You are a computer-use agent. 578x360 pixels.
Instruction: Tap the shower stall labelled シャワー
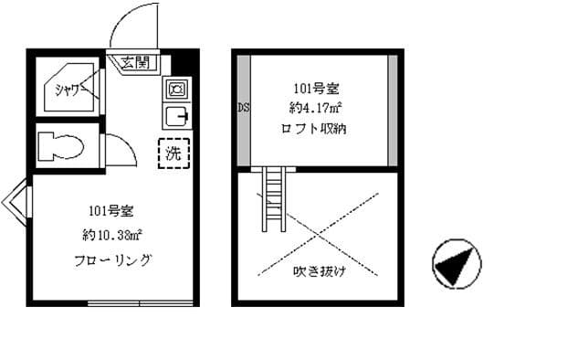click(x=69, y=90)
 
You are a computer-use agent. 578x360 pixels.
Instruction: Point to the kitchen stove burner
click(x=174, y=89)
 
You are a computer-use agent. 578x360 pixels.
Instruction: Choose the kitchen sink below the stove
click(x=174, y=117)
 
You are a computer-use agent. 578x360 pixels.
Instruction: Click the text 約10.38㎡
click(x=112, y=234)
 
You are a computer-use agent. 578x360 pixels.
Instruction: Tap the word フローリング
click(x=112, y=260)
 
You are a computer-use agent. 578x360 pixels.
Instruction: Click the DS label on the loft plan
click(x=244, y=108)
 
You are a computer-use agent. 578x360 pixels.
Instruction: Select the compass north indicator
click(x=455, y=263)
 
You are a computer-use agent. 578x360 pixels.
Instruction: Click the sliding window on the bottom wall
click(x=141, y=302)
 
